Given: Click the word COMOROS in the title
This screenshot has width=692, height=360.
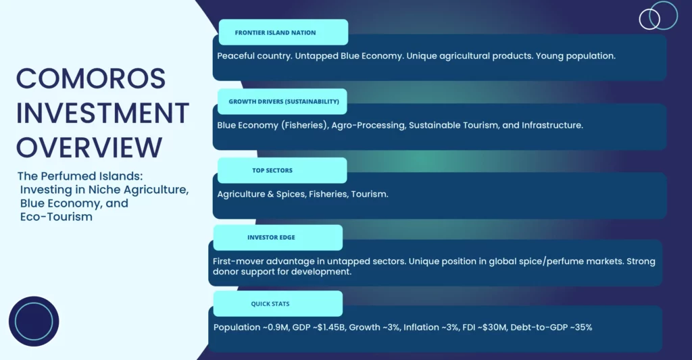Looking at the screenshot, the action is coord(91,78).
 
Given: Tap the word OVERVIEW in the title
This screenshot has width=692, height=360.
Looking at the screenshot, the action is coord(90,147).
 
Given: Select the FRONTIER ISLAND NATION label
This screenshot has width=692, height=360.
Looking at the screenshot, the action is coord(276,32).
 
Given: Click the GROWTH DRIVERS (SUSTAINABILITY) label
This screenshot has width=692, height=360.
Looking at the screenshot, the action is coord(284,101).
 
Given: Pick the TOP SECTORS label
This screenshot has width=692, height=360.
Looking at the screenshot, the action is coord(272,170).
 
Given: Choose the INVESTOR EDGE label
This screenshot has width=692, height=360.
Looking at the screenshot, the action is coord(271,237).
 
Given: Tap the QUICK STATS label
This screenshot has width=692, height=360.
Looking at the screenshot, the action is coord(270,304).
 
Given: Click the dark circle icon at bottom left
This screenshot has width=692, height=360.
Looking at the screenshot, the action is coord(34,322).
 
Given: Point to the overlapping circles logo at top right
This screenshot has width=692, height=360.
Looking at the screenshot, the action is coord(658,16).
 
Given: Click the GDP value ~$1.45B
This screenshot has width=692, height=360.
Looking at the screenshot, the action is coord(331,328).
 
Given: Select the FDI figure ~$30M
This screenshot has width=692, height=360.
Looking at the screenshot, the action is coord(492,328).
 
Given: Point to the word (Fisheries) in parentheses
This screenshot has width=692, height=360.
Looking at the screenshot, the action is coord(305,126).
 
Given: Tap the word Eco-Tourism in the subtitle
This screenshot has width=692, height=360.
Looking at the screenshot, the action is coord(56,217).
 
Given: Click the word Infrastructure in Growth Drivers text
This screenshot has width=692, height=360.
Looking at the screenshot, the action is coord(552,126).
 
